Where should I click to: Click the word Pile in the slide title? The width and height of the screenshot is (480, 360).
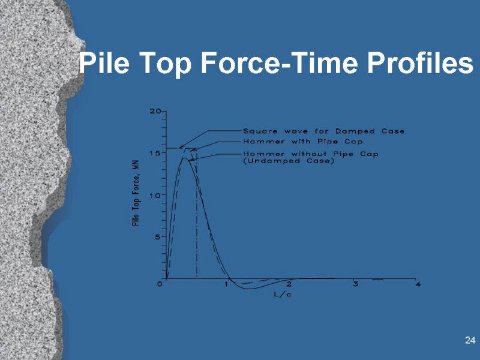click(x=103, y=63)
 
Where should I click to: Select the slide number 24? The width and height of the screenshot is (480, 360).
click(x=470, y=341)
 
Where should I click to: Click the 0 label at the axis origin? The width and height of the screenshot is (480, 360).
click(x=160, y=284)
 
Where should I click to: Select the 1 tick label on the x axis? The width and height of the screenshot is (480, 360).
click(x=227, y=284)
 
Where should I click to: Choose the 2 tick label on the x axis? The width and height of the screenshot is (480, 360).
click(x=289, y=284)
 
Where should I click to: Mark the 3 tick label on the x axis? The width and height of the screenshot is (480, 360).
click(x=356, y=284)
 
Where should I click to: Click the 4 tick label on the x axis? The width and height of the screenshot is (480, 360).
click(x=418, y=284)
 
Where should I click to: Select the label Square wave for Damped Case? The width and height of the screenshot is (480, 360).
click(x=323, y=131)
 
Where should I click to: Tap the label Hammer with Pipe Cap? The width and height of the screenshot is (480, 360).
click(x=302, y=142)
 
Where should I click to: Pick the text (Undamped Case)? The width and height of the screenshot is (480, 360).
click(x=288, y=162)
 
